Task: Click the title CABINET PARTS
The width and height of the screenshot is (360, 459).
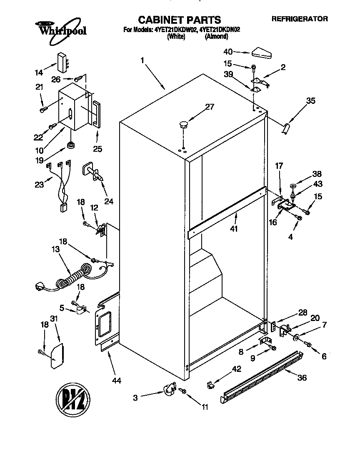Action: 179,19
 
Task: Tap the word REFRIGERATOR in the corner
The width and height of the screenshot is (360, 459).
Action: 300,19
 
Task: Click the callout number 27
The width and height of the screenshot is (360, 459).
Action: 209,107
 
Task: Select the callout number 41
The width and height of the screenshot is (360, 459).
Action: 235,228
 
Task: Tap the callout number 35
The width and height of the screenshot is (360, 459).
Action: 310,100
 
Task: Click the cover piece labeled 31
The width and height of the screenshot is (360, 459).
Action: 57,356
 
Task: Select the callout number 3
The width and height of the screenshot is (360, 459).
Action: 135,398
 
